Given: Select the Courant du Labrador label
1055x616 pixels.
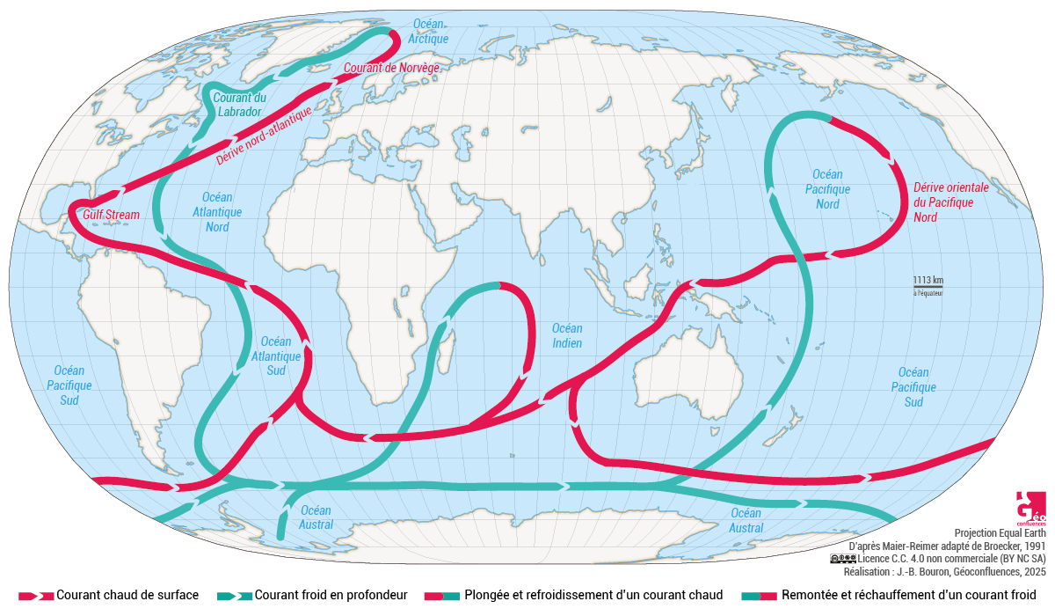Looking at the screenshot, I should pos(238,106).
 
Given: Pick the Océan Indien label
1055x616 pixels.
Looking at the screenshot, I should pos(566,335).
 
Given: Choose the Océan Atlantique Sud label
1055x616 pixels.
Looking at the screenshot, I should pos(276,356).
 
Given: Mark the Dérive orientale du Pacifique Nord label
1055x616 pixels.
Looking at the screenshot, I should pos(950,202).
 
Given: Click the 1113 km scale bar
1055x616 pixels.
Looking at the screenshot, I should pos(928,283).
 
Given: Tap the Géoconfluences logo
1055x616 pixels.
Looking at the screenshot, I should pos(1030,508).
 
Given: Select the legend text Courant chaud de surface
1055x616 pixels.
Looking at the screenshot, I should pos(127,595).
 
